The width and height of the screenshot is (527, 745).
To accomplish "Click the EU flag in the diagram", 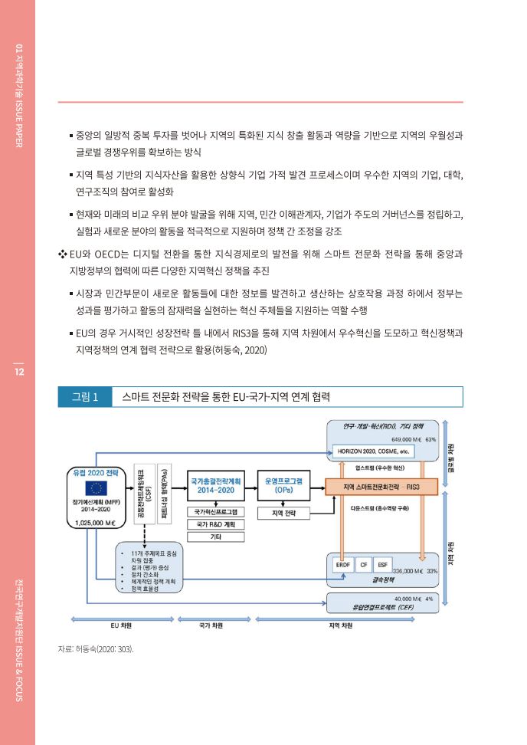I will [97, 488].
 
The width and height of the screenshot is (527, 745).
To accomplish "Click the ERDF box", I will [343, 564].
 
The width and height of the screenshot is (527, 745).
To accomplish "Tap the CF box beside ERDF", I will [364, 564].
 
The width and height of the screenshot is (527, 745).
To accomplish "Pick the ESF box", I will [383, 564].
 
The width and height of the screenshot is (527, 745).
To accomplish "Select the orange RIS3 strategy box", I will [380, 487].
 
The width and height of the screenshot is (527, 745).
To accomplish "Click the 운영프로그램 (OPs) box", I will [283, 484].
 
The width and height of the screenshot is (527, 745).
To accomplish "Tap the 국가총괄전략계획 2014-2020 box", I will [215, 484].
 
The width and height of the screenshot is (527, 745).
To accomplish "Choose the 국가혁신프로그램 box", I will [215, 511].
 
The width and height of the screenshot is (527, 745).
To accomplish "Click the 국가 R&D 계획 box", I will [215, 524].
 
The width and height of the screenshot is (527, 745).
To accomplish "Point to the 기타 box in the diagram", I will [215, 537].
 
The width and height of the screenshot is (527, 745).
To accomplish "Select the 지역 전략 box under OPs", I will [283, 511].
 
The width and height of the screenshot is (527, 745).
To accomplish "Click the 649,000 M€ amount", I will [407, 439].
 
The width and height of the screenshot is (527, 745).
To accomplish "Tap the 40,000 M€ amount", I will [408, 598].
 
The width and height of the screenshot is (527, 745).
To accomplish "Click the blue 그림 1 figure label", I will [84, 396].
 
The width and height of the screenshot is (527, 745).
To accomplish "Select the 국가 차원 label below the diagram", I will [211, 625].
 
